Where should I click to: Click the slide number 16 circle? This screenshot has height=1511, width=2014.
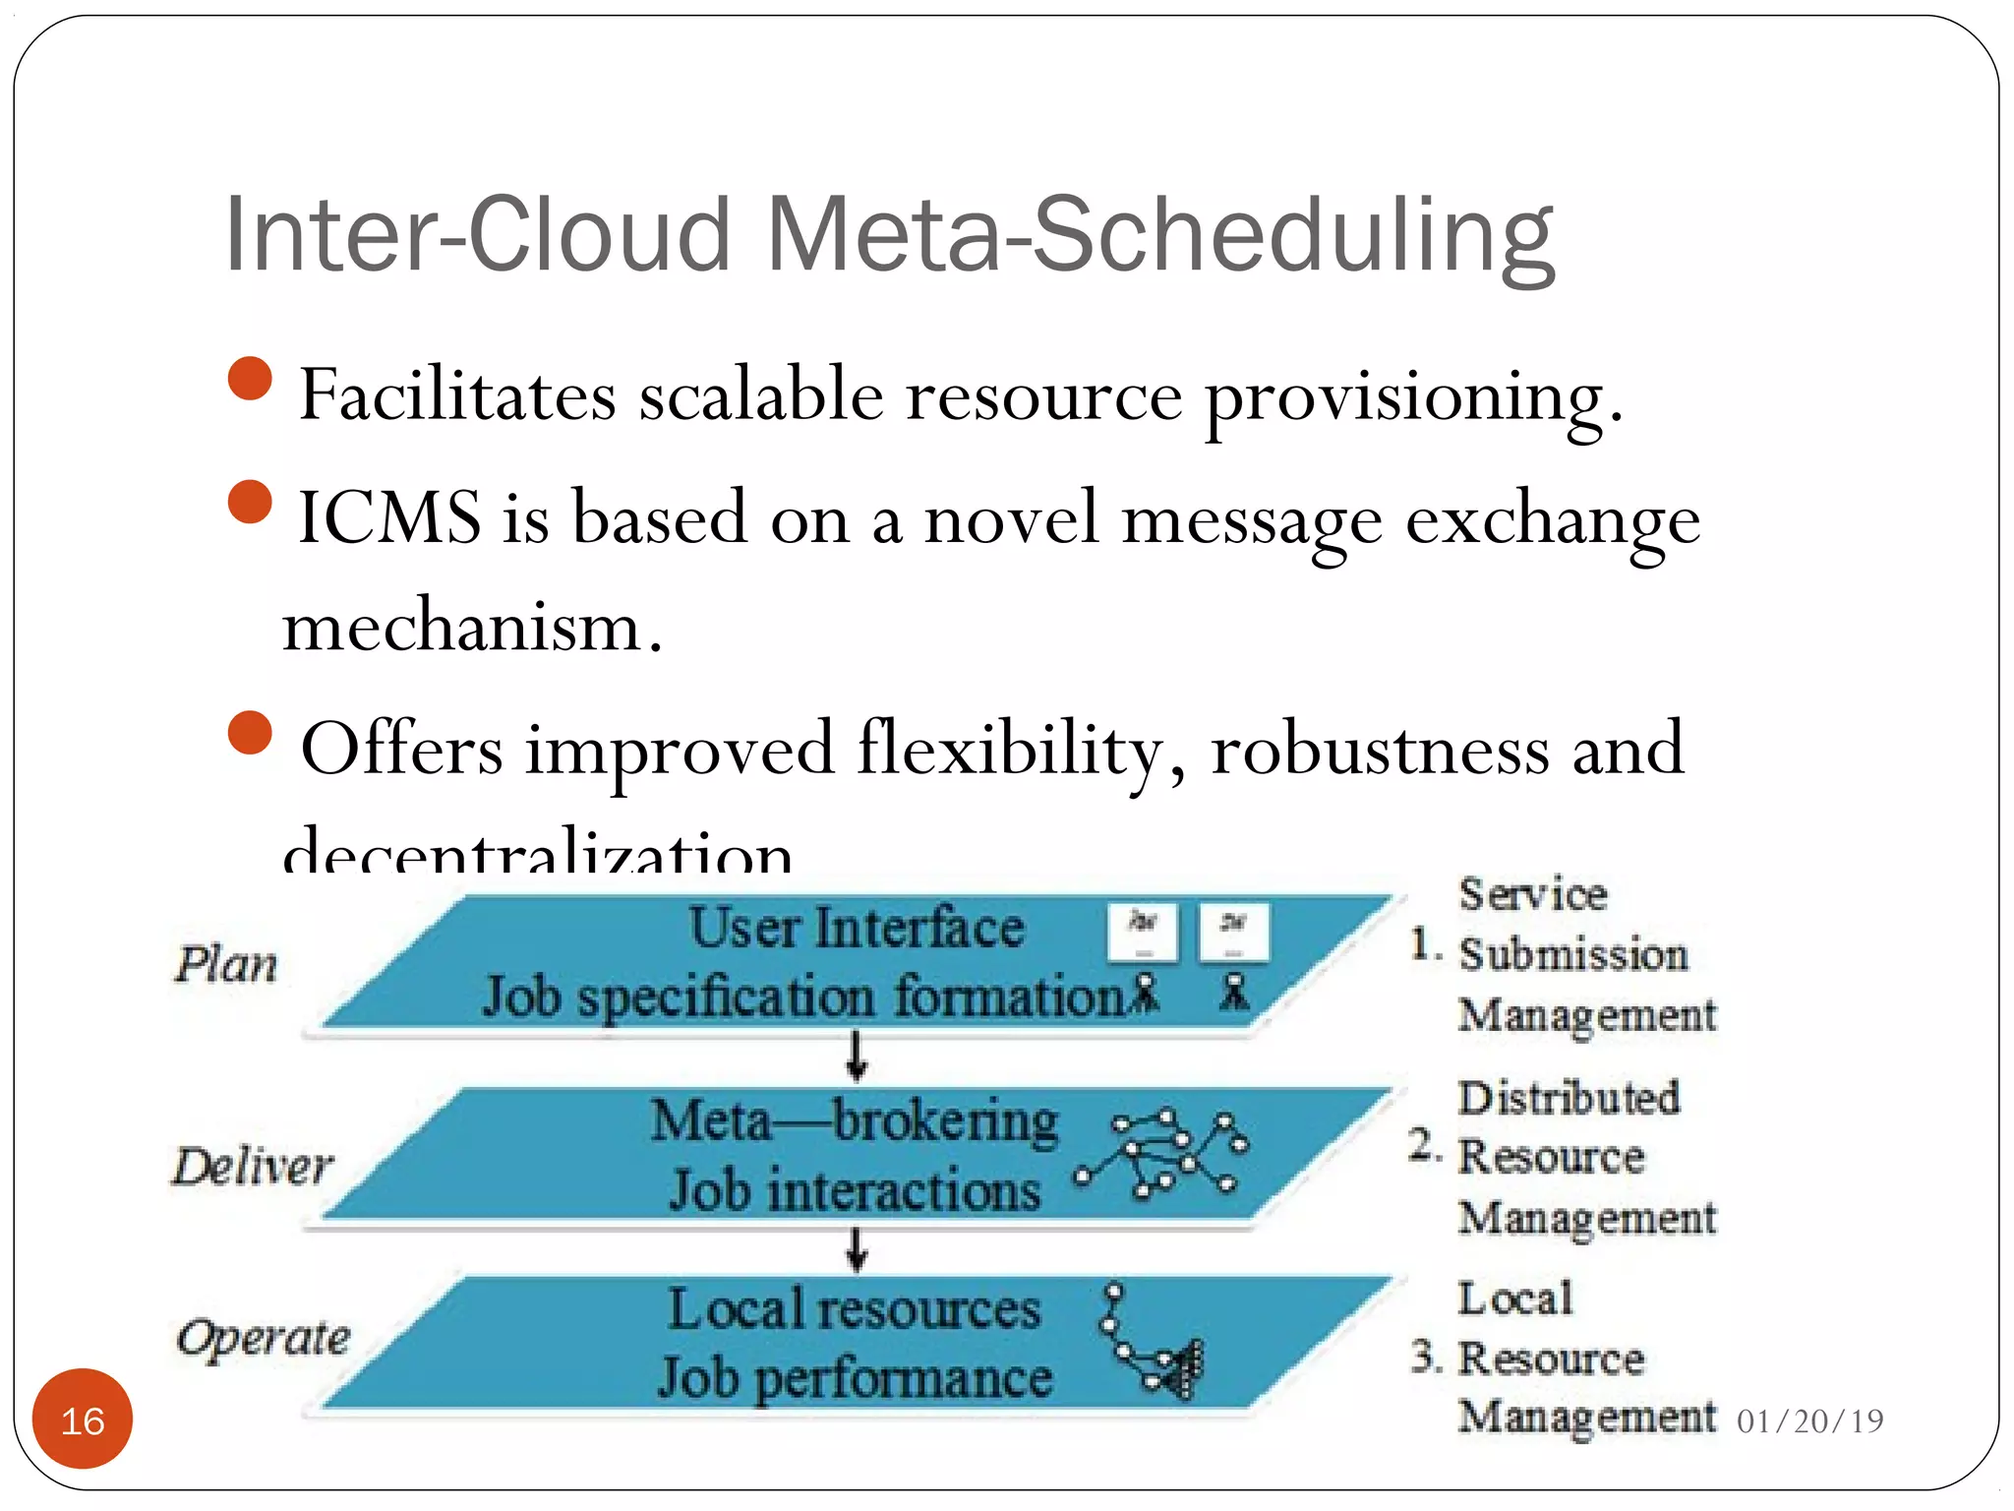tap(83, 1419)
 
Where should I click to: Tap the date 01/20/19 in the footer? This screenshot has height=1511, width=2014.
tap(1809, 1420)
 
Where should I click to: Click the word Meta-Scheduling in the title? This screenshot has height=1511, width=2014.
tap(1160, 236)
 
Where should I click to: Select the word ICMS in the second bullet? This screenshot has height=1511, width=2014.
tap(389, 517)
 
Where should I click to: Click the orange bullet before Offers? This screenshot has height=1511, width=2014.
tap(250, 733)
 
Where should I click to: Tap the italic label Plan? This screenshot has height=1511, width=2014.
tap(226, 964)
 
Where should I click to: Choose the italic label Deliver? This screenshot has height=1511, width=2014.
tap(253, 1167)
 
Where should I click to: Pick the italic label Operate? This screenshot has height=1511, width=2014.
tap(264, 1338)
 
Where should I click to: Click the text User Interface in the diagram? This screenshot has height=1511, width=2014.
tap(856, 928)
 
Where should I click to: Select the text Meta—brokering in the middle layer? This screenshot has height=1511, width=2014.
tap(854, 1120)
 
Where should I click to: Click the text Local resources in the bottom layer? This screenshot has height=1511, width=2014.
tap(854, 1309)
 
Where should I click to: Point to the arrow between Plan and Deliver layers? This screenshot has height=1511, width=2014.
tap(857, 1056)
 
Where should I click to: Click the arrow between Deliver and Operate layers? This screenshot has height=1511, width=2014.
tap(857, 1249)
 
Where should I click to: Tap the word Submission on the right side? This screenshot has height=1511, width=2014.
tap(1572, 954)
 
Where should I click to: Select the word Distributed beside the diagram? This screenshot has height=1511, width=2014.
tap(1569, 1098)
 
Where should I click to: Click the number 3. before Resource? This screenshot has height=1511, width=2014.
tap(1426, 1358)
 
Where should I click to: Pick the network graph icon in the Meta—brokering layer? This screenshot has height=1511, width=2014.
tap(1165, 1153)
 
